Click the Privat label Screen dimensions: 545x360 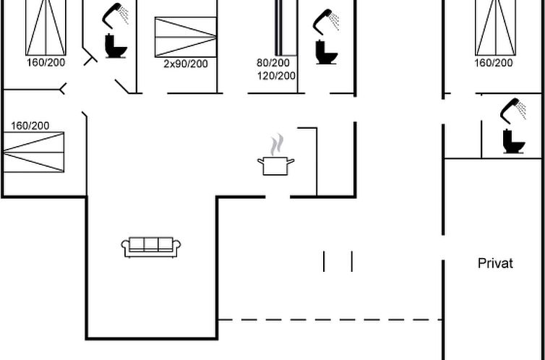point(495,263)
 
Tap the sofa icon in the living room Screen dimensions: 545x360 point(151,247)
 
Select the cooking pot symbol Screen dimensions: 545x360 point(275,166)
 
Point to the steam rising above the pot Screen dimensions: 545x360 point(277,145)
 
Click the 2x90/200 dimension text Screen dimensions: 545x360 point(186,64)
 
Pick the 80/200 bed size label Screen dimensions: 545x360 point(272,63)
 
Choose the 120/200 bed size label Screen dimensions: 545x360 point(276,76)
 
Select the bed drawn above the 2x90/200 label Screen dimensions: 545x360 point(186,37)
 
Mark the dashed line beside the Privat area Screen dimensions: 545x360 point(330,320)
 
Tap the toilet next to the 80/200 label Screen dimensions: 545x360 point(326,52)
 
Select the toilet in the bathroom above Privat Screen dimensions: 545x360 point(513,141)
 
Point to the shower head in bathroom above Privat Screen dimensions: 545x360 point(513,111)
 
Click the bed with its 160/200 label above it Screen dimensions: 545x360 point(33,152)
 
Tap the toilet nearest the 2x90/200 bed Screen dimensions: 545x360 point(116,46)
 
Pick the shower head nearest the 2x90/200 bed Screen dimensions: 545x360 point(115,16)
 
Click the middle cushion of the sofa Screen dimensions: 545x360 point(151,244)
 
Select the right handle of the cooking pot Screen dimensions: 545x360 point(291,161)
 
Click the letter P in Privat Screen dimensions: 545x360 point(481,263)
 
